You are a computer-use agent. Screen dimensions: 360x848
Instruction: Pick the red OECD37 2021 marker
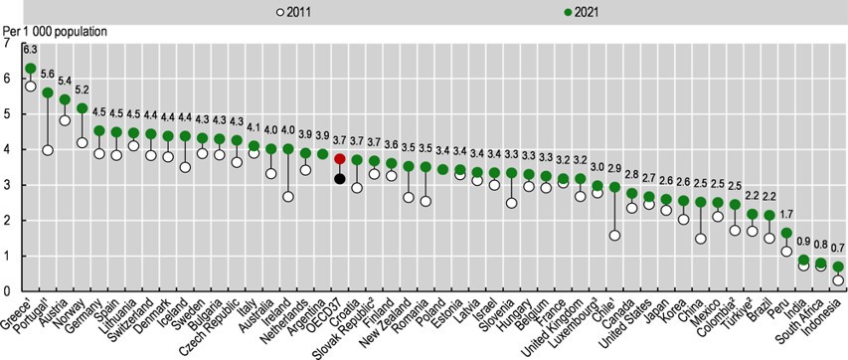point(340,159)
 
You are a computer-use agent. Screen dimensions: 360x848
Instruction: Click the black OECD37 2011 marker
point(340,179)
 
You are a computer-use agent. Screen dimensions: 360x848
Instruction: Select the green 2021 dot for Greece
point(30,69)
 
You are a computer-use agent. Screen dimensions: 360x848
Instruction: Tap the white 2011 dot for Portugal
point(47,150)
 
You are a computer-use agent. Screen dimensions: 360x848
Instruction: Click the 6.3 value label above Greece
point(30,50)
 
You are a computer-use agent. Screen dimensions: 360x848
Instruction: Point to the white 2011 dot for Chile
point(614,236)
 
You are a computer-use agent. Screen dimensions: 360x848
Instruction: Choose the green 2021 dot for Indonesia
point(837,267)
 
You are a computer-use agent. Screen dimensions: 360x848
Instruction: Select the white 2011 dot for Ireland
point(288,197)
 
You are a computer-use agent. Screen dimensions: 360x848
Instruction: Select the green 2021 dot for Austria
point(65,99)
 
